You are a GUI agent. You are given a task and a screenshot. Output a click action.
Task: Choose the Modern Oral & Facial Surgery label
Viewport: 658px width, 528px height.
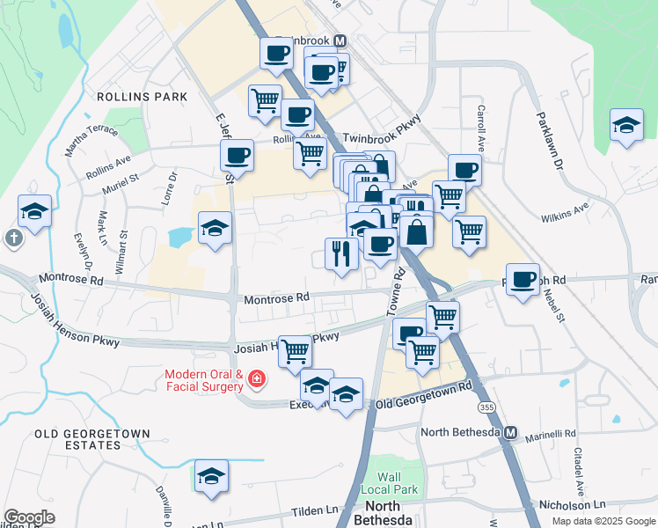click(x=203, y=380)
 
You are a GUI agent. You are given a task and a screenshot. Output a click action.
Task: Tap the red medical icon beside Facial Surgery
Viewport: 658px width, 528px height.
click(x=256, y=379)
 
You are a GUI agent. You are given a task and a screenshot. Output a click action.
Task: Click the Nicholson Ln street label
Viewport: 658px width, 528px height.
click(x=572, y=505)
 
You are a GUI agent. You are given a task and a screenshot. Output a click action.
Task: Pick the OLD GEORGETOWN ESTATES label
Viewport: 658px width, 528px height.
click(x=91, y=440)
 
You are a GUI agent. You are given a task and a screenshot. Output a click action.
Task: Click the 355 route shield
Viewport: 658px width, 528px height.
click(x=486, y=408)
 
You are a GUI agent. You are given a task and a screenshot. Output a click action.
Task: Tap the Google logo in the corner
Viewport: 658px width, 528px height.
click(x=29, y=517)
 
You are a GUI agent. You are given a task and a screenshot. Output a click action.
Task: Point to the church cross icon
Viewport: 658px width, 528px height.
click(x=13, y=238)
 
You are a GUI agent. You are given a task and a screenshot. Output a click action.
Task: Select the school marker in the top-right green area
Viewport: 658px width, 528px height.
click(x=625, y=125)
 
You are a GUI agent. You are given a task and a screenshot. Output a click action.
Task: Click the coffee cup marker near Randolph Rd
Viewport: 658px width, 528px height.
click(x=523, y=280)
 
